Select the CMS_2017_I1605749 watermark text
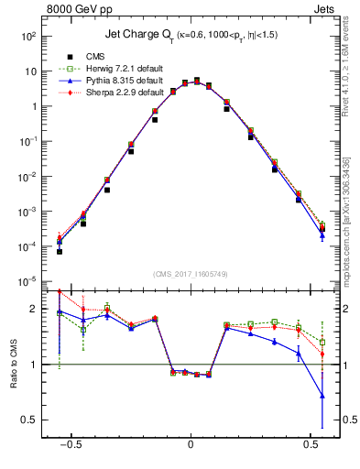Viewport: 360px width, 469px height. pos(191,274)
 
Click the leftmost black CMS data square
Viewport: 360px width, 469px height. pos(60,251)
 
